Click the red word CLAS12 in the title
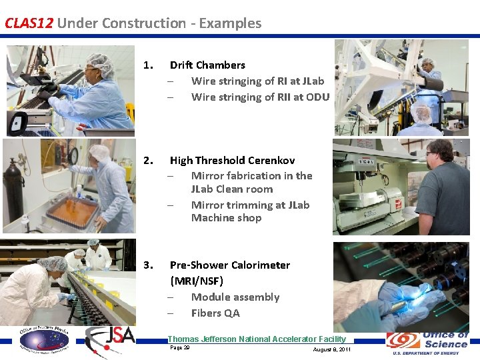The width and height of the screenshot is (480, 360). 29,23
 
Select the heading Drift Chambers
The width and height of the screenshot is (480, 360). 207,65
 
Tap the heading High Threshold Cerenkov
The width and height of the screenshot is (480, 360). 232,161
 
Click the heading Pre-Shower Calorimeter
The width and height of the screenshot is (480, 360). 229,265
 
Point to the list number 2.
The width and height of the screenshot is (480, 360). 148,161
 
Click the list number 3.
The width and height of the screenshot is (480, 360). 148,265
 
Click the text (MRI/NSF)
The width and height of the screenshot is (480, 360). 197,281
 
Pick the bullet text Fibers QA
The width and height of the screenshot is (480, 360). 215,313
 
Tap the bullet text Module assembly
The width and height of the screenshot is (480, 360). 235,297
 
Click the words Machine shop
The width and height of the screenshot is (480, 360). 226,218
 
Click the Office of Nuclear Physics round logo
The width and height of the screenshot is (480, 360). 43,341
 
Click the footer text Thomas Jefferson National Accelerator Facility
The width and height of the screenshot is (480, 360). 257,339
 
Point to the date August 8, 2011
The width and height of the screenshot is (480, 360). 331,350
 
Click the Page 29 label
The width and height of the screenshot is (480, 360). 179,348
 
